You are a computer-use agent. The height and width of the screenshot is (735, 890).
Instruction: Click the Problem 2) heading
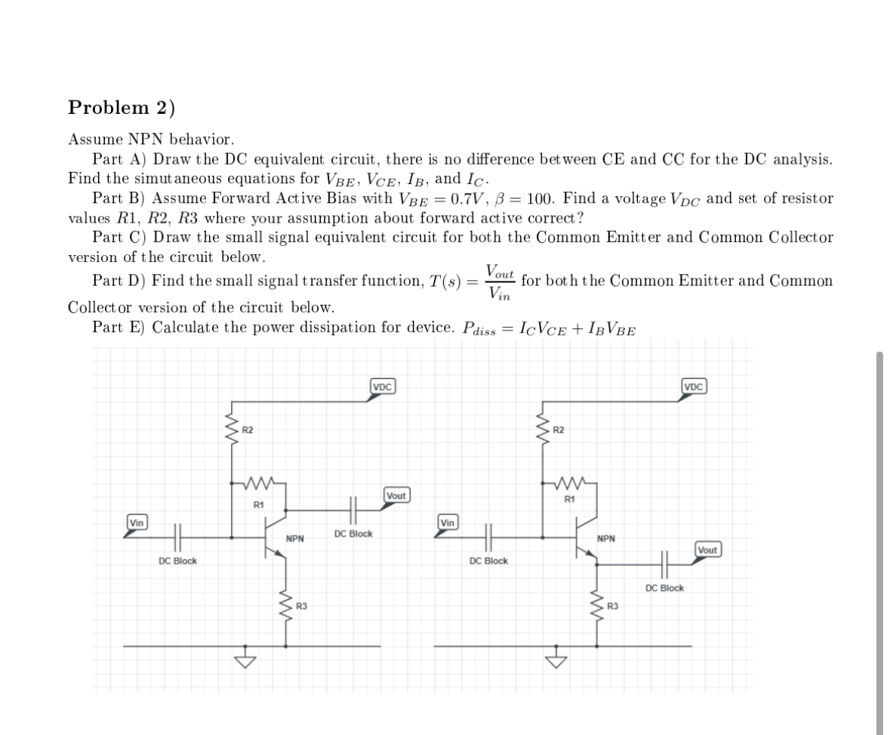tap(122, 108)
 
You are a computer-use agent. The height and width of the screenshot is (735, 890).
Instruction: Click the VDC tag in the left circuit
tap(383, 387)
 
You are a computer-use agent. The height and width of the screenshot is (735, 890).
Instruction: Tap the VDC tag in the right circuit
tap(694, 387)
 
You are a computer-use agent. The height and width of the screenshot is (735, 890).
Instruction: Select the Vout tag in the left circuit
tap(396, 496)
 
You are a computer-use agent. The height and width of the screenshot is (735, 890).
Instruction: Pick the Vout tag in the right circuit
tap(708, 549)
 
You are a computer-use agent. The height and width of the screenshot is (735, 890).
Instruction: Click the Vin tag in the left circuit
tap(137, 522)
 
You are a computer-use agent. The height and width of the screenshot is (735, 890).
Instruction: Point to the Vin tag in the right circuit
tap(448, 522)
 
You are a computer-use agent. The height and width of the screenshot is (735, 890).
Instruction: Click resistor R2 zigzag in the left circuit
tap(232, 429)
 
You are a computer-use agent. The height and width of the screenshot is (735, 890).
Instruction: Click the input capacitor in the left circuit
tap(178, 537)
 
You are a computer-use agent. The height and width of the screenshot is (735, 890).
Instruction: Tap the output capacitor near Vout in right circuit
tap(665, 564)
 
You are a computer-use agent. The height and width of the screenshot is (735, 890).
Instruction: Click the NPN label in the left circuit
tap(294, 539)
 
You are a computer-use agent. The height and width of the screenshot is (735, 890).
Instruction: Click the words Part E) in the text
tap(119, 328)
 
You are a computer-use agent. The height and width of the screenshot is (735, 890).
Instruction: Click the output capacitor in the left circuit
tap(353, 510)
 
